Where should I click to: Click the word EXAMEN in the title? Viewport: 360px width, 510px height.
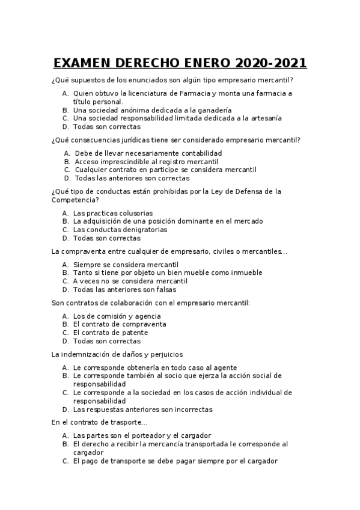(x=84, y=64)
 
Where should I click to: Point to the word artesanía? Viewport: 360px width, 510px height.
(x=261, y=118)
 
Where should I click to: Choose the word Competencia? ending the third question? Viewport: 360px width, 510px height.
(x=75, y=200)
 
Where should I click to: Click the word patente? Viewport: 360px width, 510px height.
(x=135, y=333)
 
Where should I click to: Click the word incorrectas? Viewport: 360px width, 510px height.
(x=189, y=410)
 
